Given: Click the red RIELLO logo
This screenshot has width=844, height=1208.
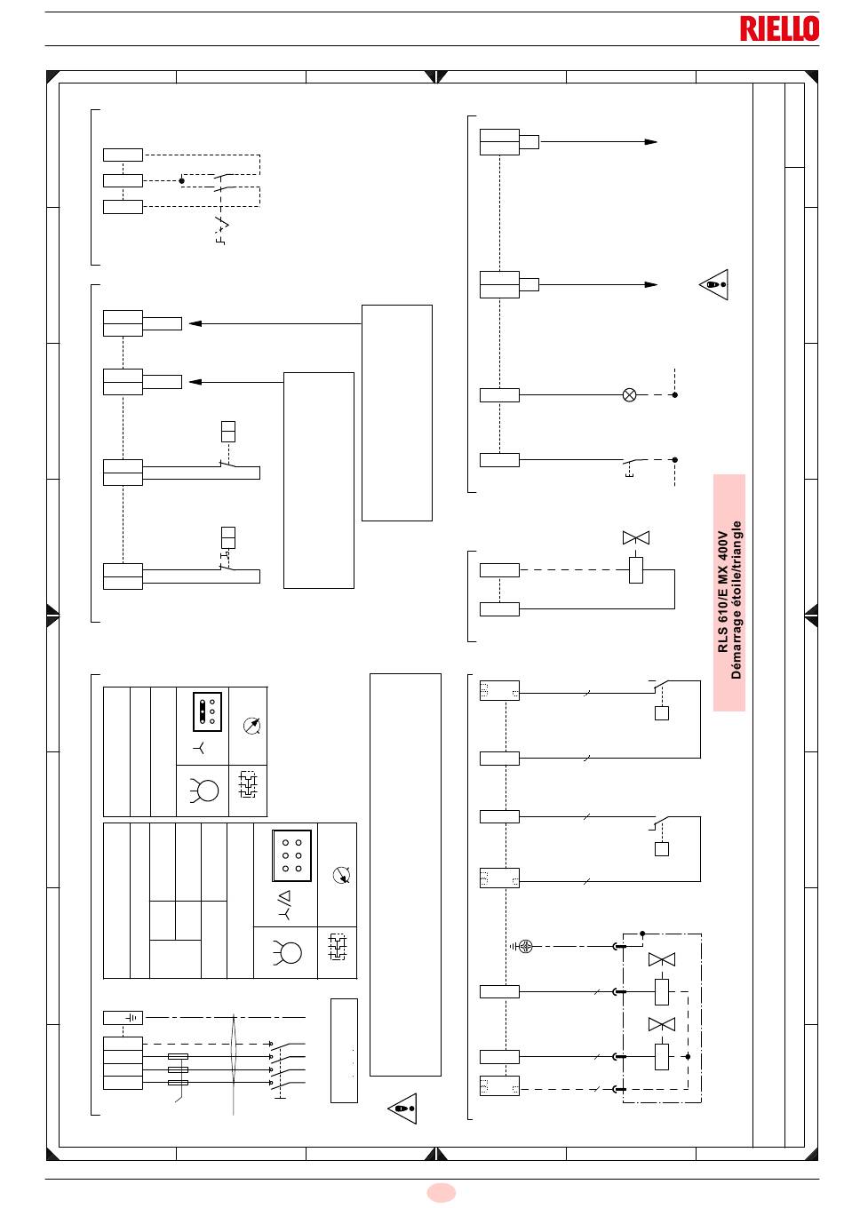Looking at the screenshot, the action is (x=779, y=28).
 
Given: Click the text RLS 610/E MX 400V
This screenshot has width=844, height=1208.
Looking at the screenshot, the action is (x=722, y=592).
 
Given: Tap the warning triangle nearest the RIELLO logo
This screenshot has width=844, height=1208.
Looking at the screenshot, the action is (x=714, y=284).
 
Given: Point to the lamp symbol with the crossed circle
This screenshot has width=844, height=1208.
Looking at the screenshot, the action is (x=629, y=394).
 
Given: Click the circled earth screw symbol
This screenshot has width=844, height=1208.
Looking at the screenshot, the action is (x=525, y=946).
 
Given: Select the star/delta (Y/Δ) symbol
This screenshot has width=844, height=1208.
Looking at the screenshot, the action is (x=284, y=904).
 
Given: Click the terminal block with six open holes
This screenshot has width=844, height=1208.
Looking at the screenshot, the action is (x=291, y=855).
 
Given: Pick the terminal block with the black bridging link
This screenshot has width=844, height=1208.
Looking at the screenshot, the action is (x=208, y=711).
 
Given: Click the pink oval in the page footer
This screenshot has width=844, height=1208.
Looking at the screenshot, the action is (x=442, y=1193).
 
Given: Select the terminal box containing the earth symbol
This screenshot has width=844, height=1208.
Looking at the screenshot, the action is (x=123, y=1018).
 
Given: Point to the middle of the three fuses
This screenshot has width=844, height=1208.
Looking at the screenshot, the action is (x=178, y=1069).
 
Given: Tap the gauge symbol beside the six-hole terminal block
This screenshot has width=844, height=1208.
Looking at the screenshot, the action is (x=341, y=875).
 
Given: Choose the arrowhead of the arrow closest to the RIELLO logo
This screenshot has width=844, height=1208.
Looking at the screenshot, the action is (x=651, y=142).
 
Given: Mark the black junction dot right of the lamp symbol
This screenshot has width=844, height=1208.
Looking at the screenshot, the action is (x=674, y=394).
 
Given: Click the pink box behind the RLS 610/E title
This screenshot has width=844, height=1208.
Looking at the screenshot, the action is (x=729, y=592).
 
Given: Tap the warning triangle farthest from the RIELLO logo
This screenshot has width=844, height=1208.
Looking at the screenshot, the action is (x=402, y=1109).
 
